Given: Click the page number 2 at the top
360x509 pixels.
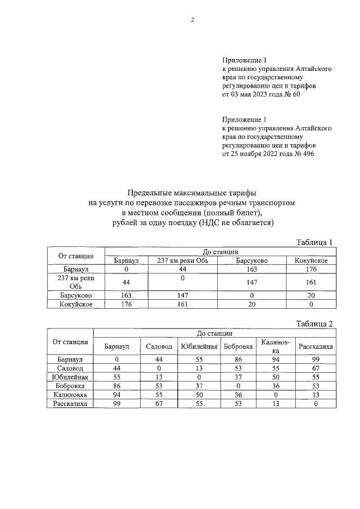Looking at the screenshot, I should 192,21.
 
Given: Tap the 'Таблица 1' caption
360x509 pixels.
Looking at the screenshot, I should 315,242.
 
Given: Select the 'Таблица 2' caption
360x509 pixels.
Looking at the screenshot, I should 315,323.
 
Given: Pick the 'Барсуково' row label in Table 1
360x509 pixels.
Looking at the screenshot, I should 76,295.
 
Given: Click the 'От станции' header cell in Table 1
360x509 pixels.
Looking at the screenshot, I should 76,256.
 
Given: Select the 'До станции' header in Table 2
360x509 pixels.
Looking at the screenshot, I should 214,334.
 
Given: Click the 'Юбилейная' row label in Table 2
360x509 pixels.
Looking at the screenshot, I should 70,377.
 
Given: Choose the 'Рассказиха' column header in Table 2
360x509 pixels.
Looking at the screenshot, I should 316,346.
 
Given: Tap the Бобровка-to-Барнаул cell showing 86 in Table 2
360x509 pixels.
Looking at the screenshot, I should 116,386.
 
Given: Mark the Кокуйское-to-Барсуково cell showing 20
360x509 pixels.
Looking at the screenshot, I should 251,304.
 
